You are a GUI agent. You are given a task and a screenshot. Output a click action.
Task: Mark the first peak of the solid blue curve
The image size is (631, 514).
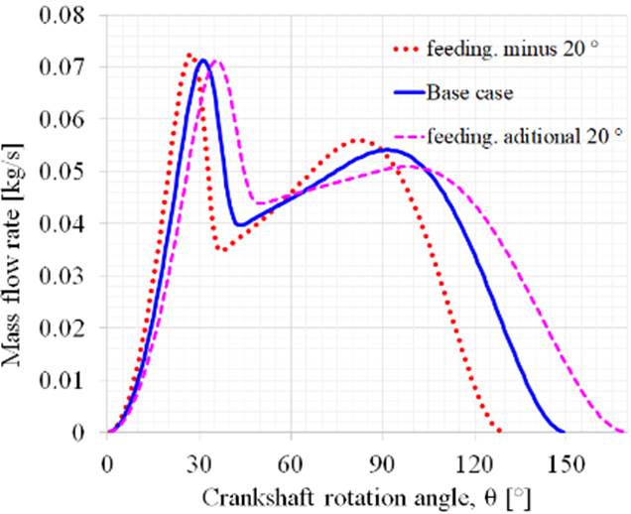203,61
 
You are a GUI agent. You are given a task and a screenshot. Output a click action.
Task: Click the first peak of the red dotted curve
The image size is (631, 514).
189,55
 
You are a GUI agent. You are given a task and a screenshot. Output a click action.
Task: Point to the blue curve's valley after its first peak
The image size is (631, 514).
239,225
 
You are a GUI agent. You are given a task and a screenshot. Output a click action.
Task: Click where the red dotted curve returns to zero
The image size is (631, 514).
500,432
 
